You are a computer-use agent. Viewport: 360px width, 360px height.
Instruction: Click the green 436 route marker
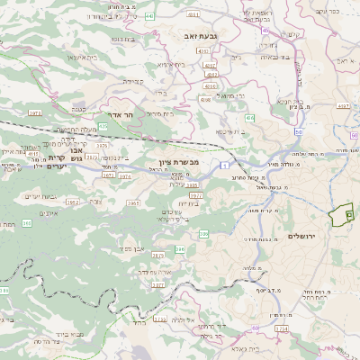pos(248,118)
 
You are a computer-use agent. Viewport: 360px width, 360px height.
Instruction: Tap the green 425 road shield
pos(103,127)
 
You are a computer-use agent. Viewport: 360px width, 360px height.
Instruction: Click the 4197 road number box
pos(343,105)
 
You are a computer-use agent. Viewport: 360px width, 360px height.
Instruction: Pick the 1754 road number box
pos(282,328)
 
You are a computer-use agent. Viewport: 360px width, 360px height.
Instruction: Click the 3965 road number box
pos(134,203)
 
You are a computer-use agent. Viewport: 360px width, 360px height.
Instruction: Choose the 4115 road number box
pos(33,154)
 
